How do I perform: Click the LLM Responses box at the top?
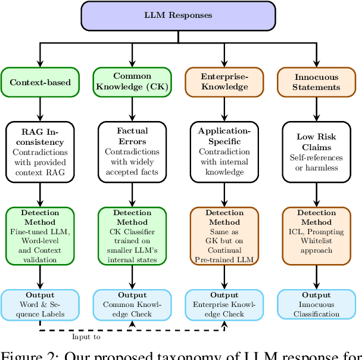[x=178, y=15]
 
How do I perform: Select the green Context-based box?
[x=40, y=82]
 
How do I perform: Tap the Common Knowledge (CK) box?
[x=132, y=82]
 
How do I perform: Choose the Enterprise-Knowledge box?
[x=224, y=82]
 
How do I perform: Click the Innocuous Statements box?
[x=317, y=82]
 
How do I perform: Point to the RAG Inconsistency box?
[x=40, y=152]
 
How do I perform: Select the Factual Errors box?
[x=132, y=152]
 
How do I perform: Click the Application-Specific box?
[x=224, y=152]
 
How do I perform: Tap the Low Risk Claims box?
[x=317, y=152]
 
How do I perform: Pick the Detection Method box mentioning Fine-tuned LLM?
[x=40, y=235]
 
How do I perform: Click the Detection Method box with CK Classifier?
[x=132, y=235]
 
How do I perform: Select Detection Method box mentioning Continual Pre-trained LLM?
[x=224, y=235]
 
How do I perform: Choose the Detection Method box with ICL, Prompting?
[x=317, y=235]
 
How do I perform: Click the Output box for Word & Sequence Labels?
[x=40, y=305]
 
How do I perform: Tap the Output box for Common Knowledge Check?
[x=132, y=305]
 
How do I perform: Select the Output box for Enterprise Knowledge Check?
[x=224, y=305]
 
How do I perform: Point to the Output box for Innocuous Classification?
[x=317, y=305]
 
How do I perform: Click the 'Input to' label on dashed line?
[x=86, y=337]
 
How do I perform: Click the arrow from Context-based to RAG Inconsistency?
[x=40, y=109]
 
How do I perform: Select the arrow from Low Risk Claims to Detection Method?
[x=317, y=194]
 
